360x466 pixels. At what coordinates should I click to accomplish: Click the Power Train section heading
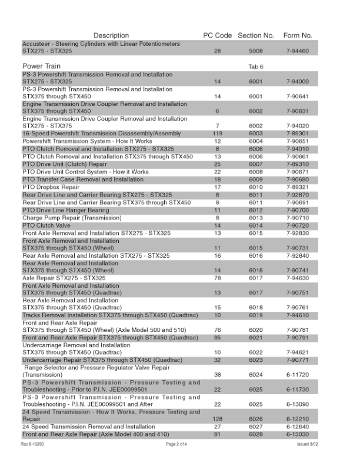tap(44, 66)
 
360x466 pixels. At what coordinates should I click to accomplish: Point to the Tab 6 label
tap(256, 66)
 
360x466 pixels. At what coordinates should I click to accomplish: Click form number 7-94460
tap(298, 52)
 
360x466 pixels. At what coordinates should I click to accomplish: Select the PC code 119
tap(217, 134)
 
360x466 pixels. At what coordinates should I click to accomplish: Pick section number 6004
tap(256, 142)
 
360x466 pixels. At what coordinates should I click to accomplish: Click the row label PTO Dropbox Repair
tap(51, 188)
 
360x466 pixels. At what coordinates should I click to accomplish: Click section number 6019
tap(256, 316)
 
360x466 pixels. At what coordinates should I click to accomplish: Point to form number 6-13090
tap(298, 405)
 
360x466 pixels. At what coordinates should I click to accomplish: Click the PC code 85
tap(217, 338)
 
